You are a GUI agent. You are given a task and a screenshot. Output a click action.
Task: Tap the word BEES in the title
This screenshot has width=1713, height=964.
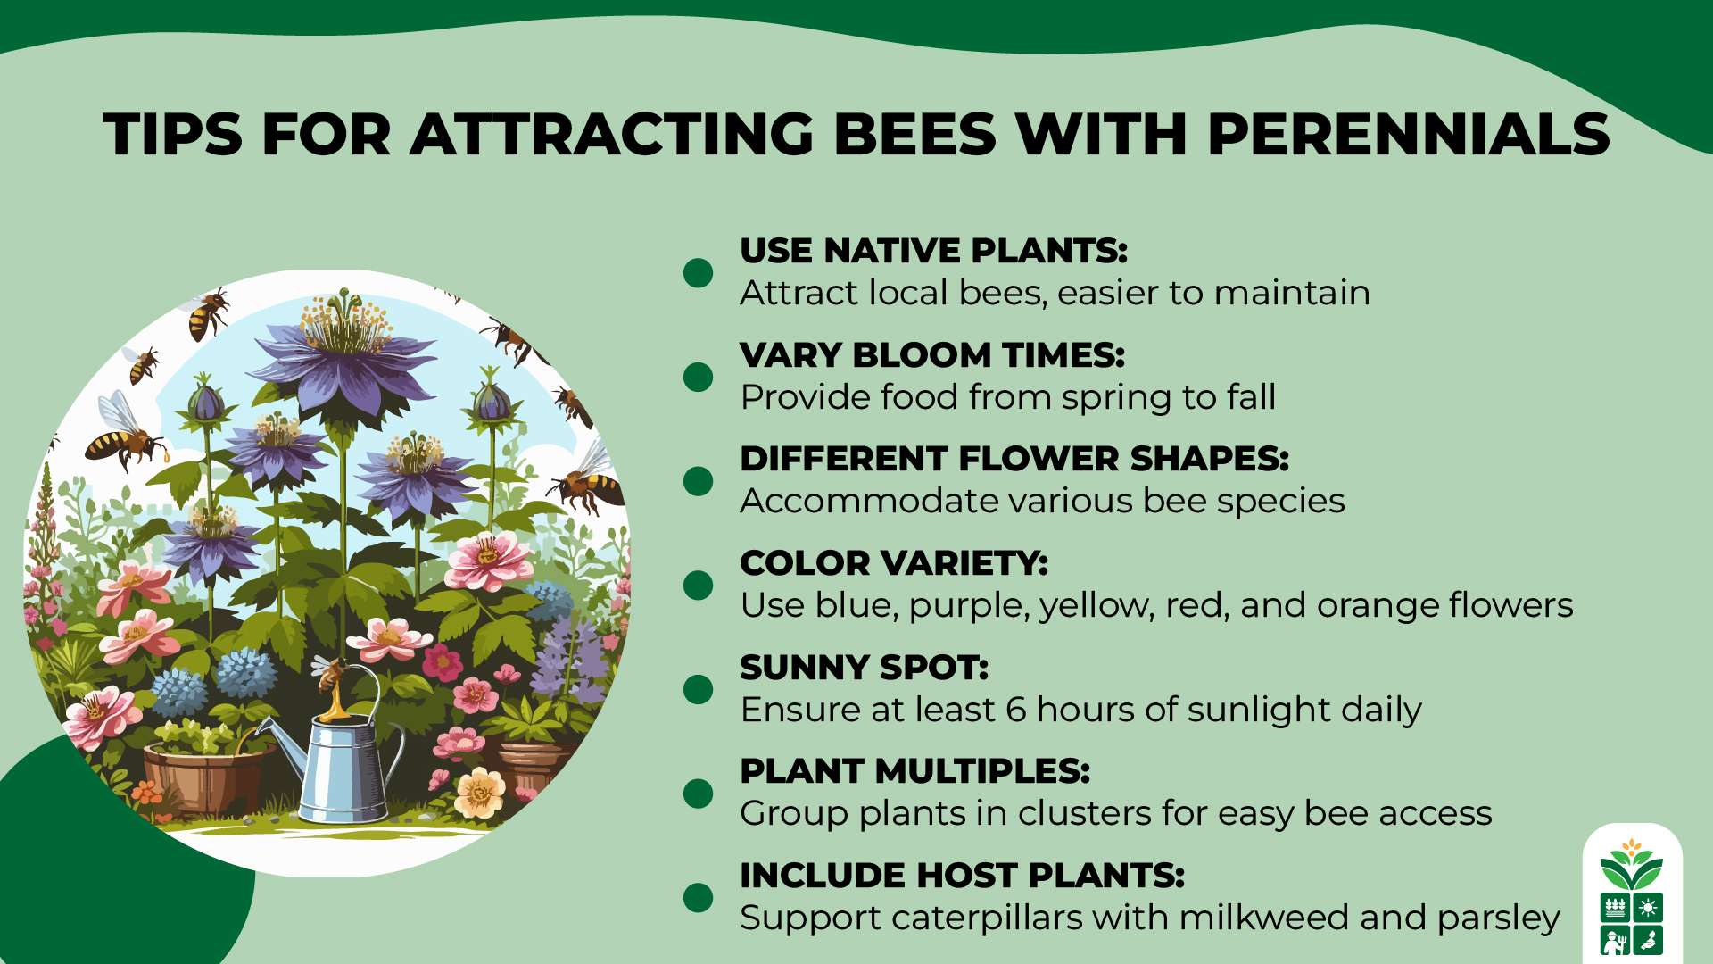pos(914,136)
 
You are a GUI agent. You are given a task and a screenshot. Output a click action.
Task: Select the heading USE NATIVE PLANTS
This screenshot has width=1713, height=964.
pos(933,251)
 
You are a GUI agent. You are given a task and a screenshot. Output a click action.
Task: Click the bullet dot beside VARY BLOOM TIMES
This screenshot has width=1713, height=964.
pos(698,377)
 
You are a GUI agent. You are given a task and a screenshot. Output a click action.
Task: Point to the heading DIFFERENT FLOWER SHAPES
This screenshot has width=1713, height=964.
pos(1014,459)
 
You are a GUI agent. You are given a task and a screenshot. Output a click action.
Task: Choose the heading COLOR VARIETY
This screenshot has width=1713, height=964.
pos(894,563)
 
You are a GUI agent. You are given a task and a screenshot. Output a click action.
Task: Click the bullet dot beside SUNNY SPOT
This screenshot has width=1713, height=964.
pos(698,689)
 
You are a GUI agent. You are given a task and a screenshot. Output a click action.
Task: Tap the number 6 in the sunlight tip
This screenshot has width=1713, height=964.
pos(1016,710)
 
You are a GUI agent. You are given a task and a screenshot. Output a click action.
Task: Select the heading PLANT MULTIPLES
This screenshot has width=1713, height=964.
pos(915,771)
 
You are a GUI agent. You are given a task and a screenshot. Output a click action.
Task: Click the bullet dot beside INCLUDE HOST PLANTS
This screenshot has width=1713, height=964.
pos(698,897)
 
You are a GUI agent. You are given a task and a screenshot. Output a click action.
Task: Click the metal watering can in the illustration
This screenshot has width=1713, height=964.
pos(343,768)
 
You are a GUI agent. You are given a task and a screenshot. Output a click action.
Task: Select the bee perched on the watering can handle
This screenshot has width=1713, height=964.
pos(332,676)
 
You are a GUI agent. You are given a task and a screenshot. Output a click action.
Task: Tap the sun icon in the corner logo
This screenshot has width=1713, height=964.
pos(1648,908)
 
